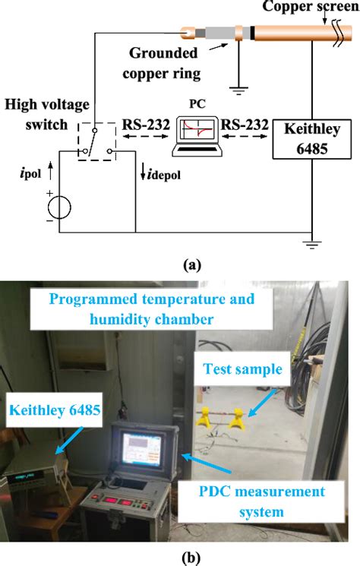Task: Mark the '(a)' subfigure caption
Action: [x=180, y=264]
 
